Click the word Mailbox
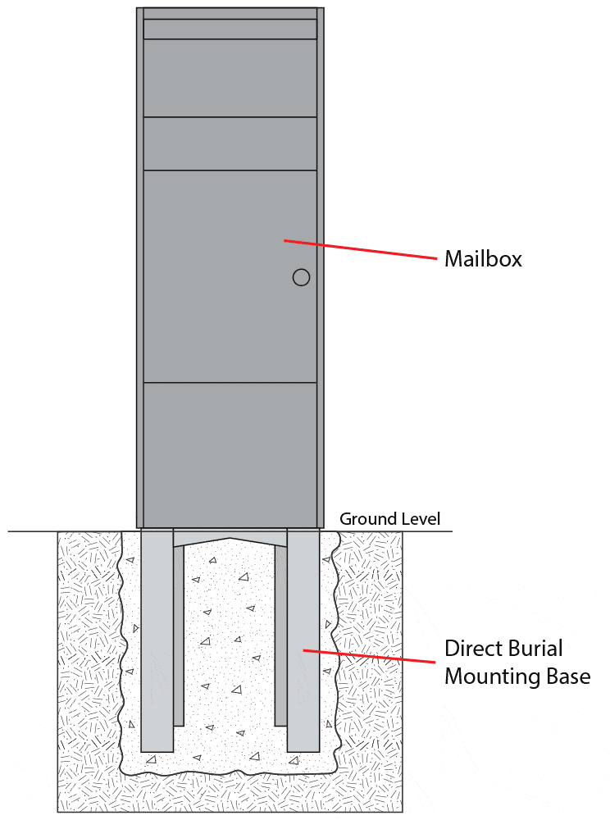click(483, 259)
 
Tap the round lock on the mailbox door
click(301, 277)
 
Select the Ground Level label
click(389, 519)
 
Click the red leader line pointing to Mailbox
click(361, 249)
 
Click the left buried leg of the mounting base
click(157, 640)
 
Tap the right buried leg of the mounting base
click(303, 640)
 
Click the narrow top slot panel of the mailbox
click(230, 29)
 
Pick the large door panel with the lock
click(230, 276)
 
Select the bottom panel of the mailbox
click(230, 453)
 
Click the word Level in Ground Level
click(420, 519)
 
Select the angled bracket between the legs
click(230, 539)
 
